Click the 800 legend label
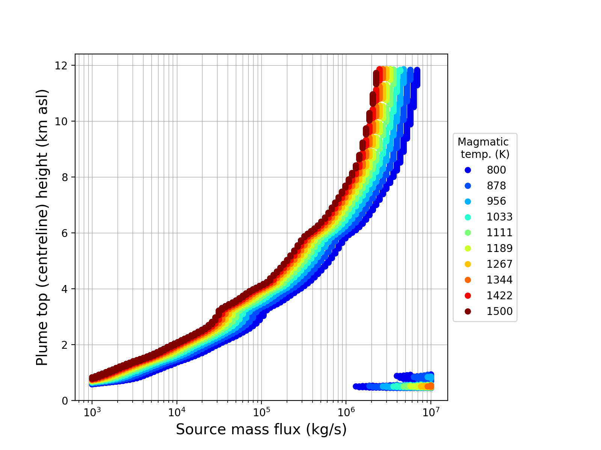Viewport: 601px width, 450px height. (496, 170)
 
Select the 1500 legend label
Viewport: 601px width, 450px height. (500, 312)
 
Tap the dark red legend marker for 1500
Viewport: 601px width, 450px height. (468, 312)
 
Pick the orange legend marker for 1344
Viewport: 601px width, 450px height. (468, 280)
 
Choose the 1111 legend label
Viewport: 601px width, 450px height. (500, 233)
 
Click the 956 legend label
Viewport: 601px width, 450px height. (496, 201)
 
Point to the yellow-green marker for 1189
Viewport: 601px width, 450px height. (468, 249)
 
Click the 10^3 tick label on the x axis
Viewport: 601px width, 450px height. (92, 412)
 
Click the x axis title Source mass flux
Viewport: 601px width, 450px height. (261, 430)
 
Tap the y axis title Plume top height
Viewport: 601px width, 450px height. (42, 227)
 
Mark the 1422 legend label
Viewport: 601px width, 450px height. (500, 296)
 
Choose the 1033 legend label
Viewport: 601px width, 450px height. (500, 217)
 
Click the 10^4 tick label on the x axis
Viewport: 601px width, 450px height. (177, 412)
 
